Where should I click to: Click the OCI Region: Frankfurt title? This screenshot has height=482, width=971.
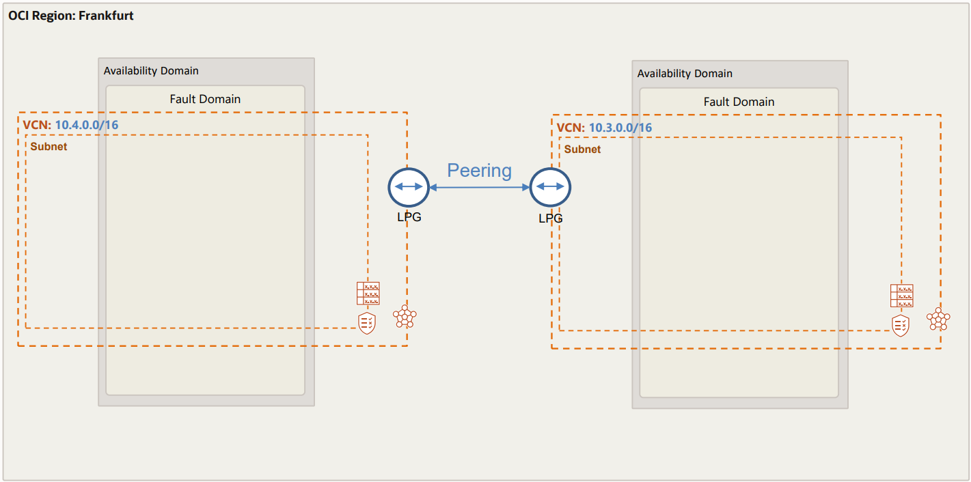point(71,15)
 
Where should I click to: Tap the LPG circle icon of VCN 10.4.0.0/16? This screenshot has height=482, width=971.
point(408,186)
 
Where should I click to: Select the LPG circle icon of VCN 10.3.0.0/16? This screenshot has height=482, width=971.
point(550,186)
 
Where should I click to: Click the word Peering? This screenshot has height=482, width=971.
point(479,170)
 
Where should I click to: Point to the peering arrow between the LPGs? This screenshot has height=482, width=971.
point(479,186)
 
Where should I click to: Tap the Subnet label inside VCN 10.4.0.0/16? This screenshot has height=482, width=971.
point(49,146)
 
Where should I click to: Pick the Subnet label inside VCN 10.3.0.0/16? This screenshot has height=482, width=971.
point(582,149)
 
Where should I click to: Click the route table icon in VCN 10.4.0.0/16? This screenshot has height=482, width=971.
point(368,293)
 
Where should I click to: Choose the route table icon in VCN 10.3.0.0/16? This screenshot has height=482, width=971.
point(901,296)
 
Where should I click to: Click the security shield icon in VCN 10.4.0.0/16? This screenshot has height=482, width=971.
point(367,322)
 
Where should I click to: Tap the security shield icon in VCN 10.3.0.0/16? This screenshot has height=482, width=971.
point(901,325)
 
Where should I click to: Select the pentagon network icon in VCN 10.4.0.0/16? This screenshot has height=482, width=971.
point(405,317)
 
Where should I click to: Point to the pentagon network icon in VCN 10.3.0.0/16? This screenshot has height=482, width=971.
point(938,320)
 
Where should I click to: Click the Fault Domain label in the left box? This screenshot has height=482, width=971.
point(205,99)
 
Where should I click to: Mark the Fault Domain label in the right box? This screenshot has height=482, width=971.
point(739,102)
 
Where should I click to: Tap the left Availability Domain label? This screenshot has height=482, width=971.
point(151,70)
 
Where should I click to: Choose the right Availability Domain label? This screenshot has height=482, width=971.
point(685,73)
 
